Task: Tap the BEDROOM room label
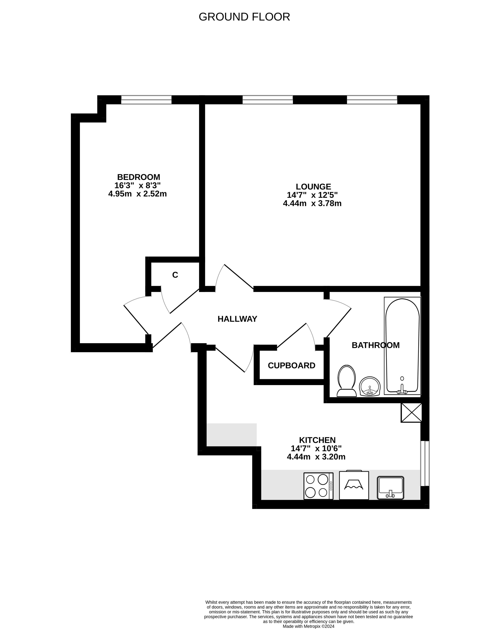[x=138, y=177]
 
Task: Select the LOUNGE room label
[x=313, y=187]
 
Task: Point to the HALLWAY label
[x=237, y=319]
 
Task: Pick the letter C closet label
[x=175, y=275]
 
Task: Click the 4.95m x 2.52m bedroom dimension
[x=137, y=194]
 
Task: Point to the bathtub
[x=402, y=346]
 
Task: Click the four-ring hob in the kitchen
[x=318, y=486]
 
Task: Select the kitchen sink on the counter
[x=390, y=488]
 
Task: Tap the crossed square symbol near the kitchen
[x=411, y=412]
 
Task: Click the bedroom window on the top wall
[x=146, y=100]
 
